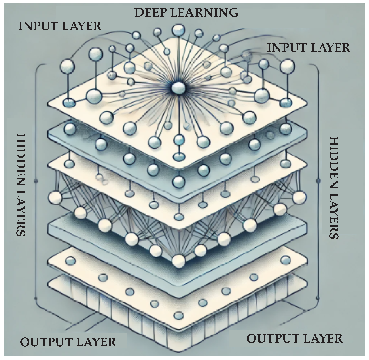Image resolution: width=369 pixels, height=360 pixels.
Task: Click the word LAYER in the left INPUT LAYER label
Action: pos(82,26)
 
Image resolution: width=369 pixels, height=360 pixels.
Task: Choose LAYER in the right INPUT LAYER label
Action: pos(331,47)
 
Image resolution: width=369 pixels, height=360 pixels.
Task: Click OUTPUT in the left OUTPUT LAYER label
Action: pos(44,342)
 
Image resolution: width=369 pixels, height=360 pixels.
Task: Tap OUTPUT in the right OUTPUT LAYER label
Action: pos(271,339)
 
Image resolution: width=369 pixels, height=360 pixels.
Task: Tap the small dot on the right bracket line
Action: pos(318,181)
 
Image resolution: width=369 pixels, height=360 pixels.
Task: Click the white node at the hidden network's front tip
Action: pos(179,260)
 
